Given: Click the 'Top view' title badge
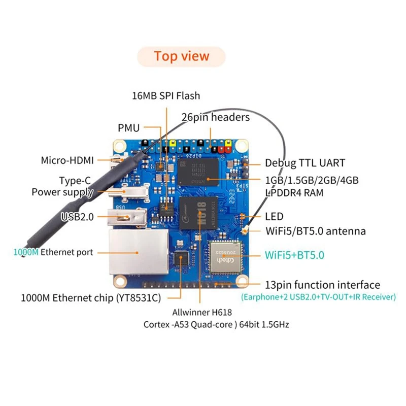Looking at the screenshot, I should point(182,56).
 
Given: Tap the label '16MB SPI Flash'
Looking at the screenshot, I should point(165,95).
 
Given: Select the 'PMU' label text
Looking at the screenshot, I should point(128,128).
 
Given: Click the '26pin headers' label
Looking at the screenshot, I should point(216,117).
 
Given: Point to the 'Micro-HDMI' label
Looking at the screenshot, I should point(67,160).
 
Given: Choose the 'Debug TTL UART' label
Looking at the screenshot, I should point(305,163).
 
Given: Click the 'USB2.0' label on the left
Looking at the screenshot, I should point(77,217).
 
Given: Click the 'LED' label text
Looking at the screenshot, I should point(274,216).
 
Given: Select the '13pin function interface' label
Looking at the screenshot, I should point(322,285).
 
